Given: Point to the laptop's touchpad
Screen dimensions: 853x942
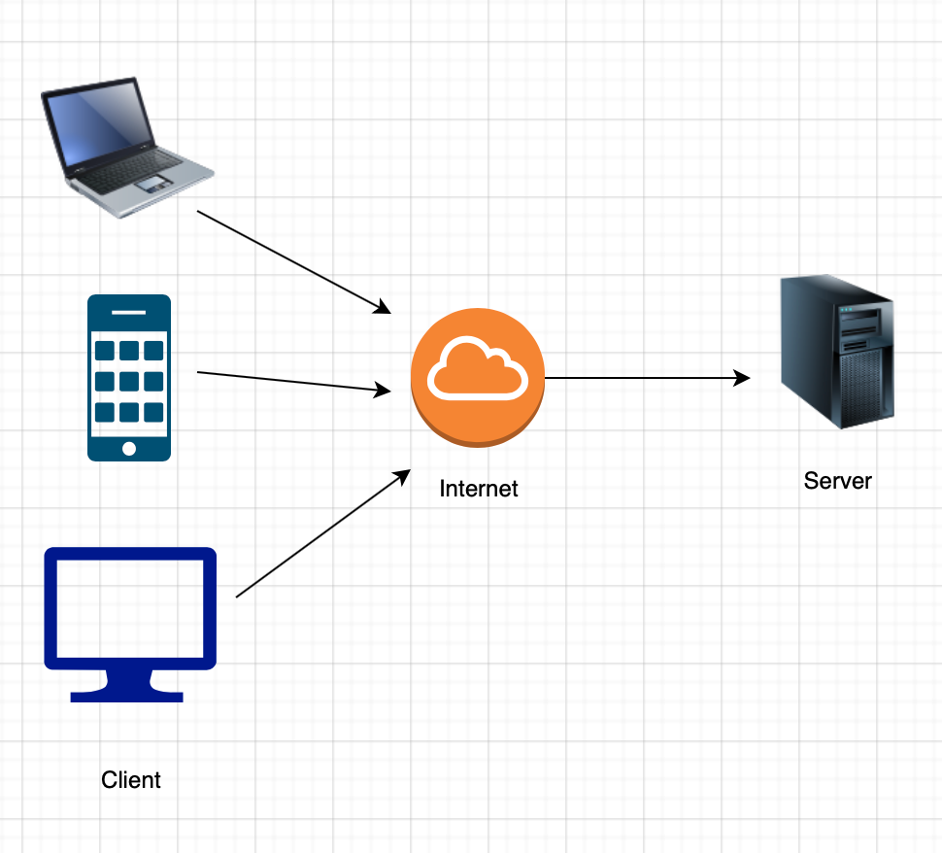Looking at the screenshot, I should click(x=150, y=182).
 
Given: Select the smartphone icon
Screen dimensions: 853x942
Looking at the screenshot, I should click(x=129, y=377).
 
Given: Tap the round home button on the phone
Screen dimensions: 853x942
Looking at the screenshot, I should click(x=129, y=448).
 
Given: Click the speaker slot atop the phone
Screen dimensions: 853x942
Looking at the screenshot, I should click(x=129, y=312).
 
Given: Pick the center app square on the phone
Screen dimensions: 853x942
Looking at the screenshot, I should click(x=129, y=380).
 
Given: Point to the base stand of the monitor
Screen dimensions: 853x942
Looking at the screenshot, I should click(x=127, y=695).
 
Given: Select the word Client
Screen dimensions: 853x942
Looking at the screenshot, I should click(x=131, y=780).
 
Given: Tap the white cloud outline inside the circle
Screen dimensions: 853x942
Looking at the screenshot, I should click(x=478, y=369).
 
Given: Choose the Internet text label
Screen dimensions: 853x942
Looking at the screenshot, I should click(x=479, y=489).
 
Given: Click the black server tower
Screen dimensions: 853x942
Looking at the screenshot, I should click(x=837, y=352).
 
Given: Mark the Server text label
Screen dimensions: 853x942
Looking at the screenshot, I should click(x=838, y=481).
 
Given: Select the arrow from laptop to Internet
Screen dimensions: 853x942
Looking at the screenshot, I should click(x=291, y=260).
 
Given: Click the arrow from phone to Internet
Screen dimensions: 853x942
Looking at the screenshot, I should click(x=291, y=381).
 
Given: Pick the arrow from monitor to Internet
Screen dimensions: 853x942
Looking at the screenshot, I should click(x=320, y=534).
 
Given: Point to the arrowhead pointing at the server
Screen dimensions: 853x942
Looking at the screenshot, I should click(x=743, y=378).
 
